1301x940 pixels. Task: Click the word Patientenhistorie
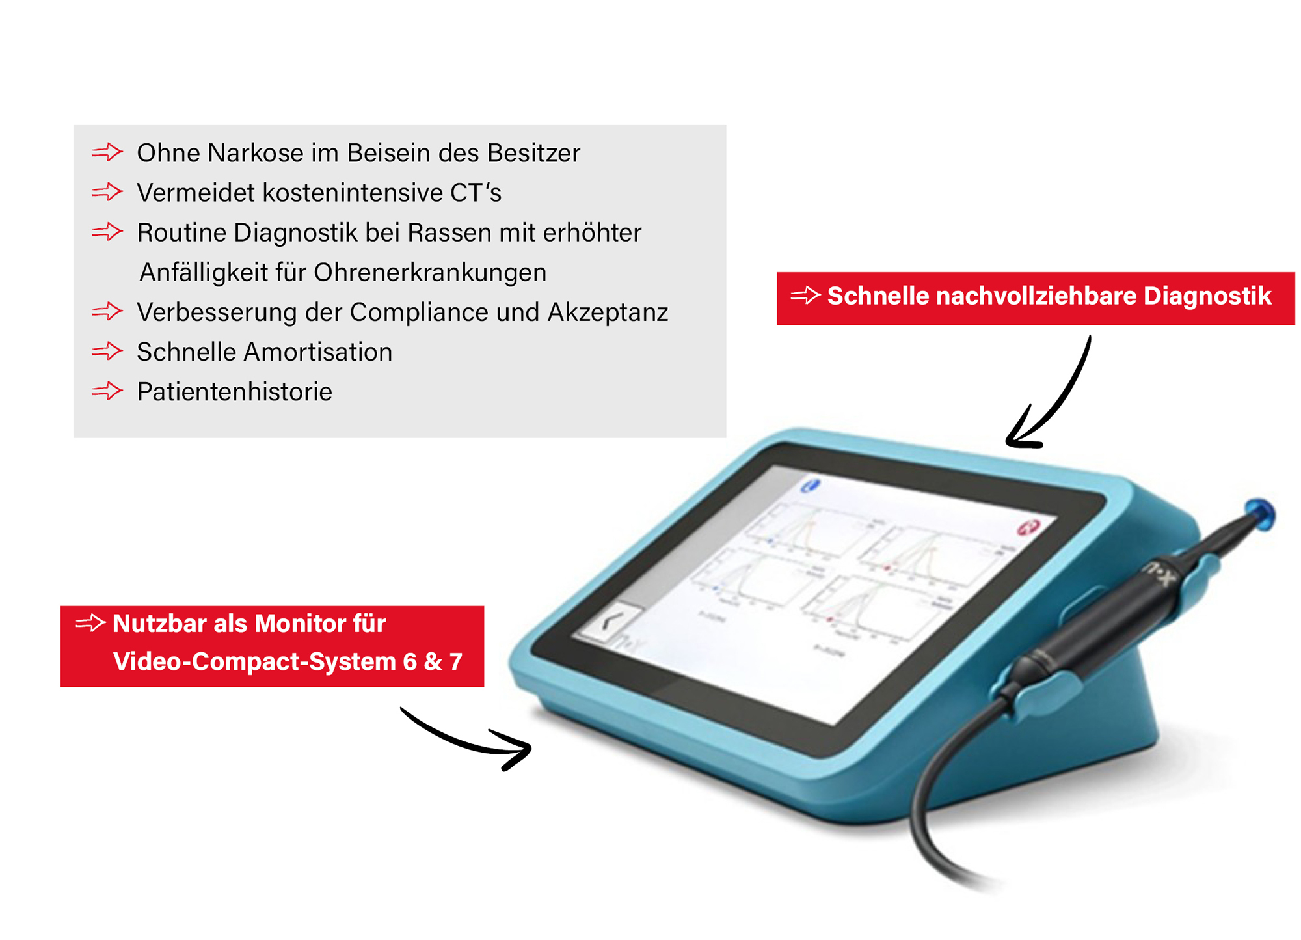[234, 392]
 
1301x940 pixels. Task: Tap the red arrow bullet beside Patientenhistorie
[107, 391]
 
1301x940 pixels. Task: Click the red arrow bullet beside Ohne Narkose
[107, 152]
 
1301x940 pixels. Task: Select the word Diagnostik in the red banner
[1207, 296]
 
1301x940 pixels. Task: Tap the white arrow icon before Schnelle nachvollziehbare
[805, 296]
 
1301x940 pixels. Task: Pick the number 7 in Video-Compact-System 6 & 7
[455, 661]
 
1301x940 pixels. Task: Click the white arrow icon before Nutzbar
[90, 623]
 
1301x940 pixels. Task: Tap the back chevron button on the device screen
[608, 622]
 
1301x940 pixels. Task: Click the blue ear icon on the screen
[811, 485]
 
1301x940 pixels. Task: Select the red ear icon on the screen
[1028, 527]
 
